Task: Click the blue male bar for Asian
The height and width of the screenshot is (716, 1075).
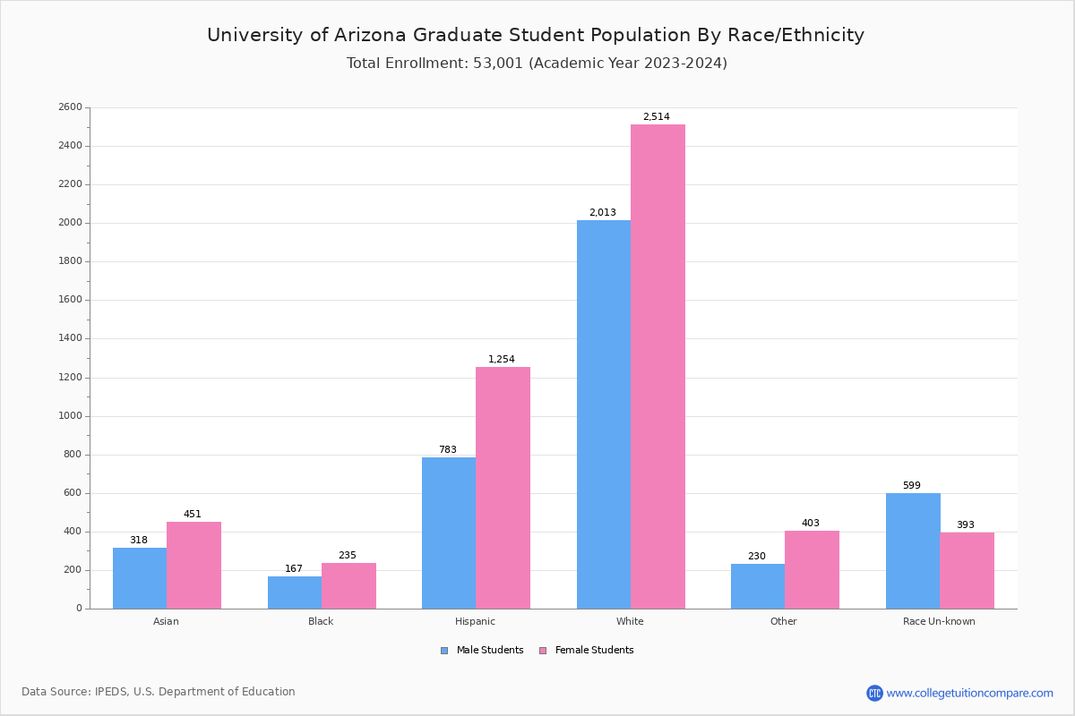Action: (140, 578)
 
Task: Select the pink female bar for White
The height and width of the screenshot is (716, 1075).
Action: (658, 366)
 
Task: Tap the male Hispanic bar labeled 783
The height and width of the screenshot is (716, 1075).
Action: (449, 533)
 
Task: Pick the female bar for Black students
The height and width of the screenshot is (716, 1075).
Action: (348, 589)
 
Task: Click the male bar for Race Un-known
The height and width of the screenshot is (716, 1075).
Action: (913, 550)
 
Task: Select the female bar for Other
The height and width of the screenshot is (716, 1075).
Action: (812, 569)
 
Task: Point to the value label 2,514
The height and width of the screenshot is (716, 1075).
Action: (656, 117)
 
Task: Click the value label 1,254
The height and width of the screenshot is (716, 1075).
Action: (502, 360)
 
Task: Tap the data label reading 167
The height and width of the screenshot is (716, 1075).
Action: (294, 569)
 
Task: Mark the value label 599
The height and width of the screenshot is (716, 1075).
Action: (912, 486)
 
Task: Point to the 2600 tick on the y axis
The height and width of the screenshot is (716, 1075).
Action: (70, 107)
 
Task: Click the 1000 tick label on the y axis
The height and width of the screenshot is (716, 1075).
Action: (70, 416)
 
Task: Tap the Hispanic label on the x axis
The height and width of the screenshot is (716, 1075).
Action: (475, 621)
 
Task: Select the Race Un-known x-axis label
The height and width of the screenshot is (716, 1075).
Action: (939, 621)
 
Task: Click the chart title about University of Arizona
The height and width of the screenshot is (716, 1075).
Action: (536, 35)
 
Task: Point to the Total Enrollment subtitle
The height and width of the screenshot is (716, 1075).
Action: (537, 64)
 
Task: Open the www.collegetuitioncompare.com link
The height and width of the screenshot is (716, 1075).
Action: (969, 693)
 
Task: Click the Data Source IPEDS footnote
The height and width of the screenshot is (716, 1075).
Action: (159, 692)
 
